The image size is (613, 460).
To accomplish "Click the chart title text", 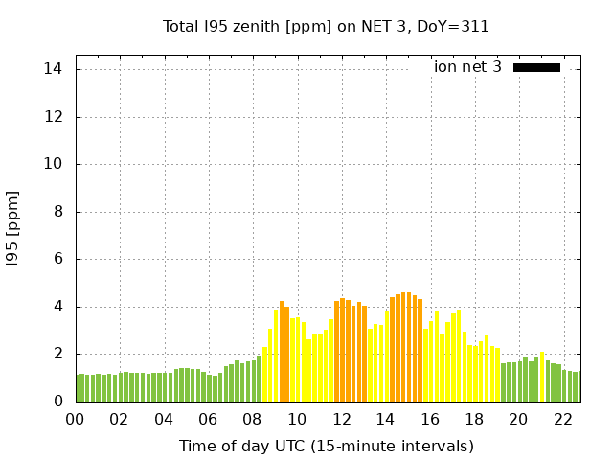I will point(326,26).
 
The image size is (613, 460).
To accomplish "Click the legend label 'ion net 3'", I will point(467,67).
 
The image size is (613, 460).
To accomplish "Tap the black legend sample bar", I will point(536,67).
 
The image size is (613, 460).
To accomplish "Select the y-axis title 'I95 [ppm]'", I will point(12,228).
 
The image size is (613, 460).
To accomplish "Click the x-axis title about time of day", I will point(326,446).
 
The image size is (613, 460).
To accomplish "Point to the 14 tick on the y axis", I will point(53,69).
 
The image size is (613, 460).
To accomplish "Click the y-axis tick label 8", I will point(57,212).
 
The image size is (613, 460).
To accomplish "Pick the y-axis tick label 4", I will point(57,307).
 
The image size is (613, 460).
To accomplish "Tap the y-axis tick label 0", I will point(57,402).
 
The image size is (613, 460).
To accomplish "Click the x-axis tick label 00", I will point(76,419).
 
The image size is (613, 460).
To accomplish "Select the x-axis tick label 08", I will point(253,419).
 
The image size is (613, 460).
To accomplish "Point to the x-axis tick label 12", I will point(342,419).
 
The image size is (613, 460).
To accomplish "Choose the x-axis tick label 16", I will point(430,419).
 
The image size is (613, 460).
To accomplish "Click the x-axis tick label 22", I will point(563,419).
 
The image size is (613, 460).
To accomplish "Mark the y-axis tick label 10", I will point(53,164).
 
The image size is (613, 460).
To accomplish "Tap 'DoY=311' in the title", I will point(457,26).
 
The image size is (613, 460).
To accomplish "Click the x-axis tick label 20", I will point(519,419).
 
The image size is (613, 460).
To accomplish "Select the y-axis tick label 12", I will point(53,117).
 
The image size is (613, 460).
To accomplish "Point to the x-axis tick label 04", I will point(165,419).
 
